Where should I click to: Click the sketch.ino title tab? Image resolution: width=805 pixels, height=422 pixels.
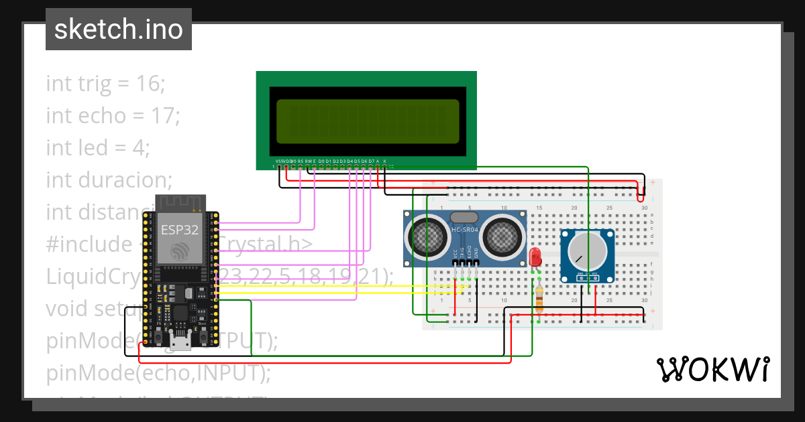pyautogui.click(x=118, y=29)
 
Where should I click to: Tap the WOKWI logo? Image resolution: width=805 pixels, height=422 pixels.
pyautogui.click(x=712, y=369)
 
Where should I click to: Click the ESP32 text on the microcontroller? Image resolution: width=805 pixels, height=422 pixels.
pyautogui.click(x=179, y=230)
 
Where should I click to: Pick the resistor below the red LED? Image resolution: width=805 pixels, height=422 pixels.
pyautogui.click(x=539, y=297)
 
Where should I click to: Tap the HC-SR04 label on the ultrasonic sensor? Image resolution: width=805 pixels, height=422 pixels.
pyautogui.click(x=464, y=230)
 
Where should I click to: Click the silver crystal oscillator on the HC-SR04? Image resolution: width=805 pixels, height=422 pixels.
pyautogui.click(x=464, y=217)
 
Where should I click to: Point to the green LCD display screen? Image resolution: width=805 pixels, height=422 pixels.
pyautogui.click(x=367, y=121)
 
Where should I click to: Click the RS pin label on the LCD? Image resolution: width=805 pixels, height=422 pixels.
pyautogui.click(x=300, y=161)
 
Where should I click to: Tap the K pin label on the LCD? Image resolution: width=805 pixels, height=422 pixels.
pyautogui.click(x=384, y=161)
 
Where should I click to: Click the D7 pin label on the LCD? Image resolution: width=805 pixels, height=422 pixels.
pyautogui.click(x=371, y=161)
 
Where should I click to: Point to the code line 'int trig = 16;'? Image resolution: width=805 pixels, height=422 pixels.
pyautogui.click(x=105, y=84)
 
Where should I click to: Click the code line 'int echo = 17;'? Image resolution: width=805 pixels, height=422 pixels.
pyautogui.click(x=113, y=116)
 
